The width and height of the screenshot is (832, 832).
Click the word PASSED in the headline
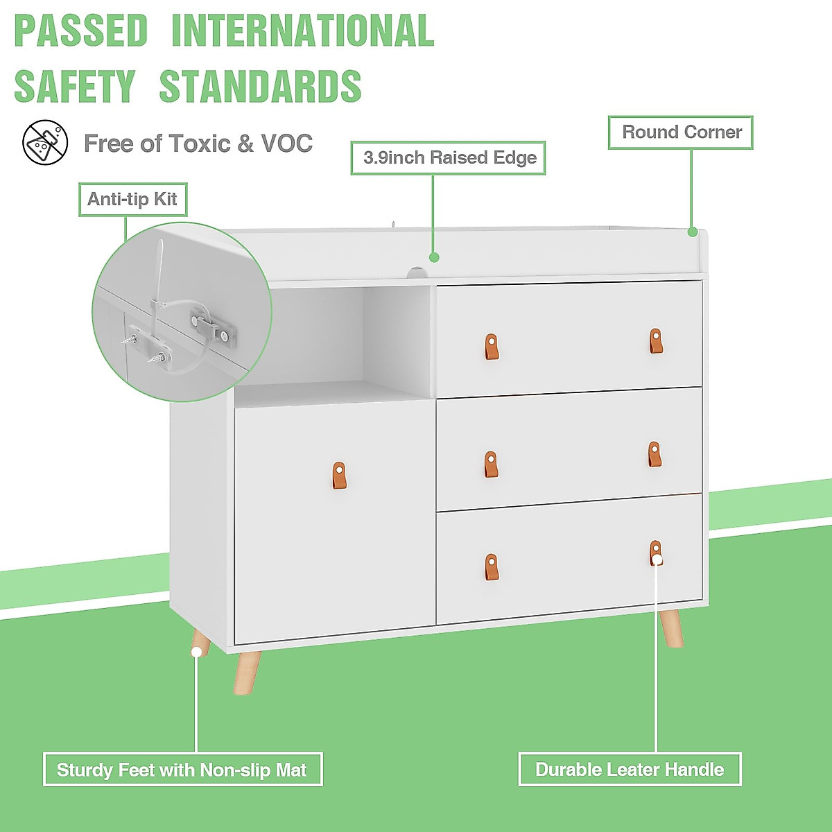(81, 31)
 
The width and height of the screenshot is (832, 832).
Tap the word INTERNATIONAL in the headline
(302, 31)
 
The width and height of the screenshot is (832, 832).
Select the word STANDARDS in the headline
(260, 87)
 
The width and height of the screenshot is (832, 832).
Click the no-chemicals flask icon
(45, 143)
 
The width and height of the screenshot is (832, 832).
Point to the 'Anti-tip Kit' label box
(132, 200)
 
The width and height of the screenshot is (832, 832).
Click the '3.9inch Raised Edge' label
(449, 158)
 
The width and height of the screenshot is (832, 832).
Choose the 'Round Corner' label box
(681, 132)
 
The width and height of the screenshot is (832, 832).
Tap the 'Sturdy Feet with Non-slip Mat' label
(182, 770)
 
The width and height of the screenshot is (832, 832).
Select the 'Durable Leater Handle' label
(630, 770)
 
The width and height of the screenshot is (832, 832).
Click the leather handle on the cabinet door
(338, 476)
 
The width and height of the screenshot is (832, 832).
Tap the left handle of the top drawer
(491, 347)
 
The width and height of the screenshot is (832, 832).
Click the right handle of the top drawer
(656, 341)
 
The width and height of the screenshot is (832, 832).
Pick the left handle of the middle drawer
(491, 465)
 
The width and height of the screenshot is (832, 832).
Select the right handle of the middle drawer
(655, 455)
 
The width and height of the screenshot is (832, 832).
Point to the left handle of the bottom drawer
(491, 567)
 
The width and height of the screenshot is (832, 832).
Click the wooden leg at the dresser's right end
(671, 628)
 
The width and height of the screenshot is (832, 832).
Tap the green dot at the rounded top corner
(692, 232)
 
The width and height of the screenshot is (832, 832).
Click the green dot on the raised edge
(434, 257)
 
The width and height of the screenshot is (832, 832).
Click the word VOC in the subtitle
(286, 144)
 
